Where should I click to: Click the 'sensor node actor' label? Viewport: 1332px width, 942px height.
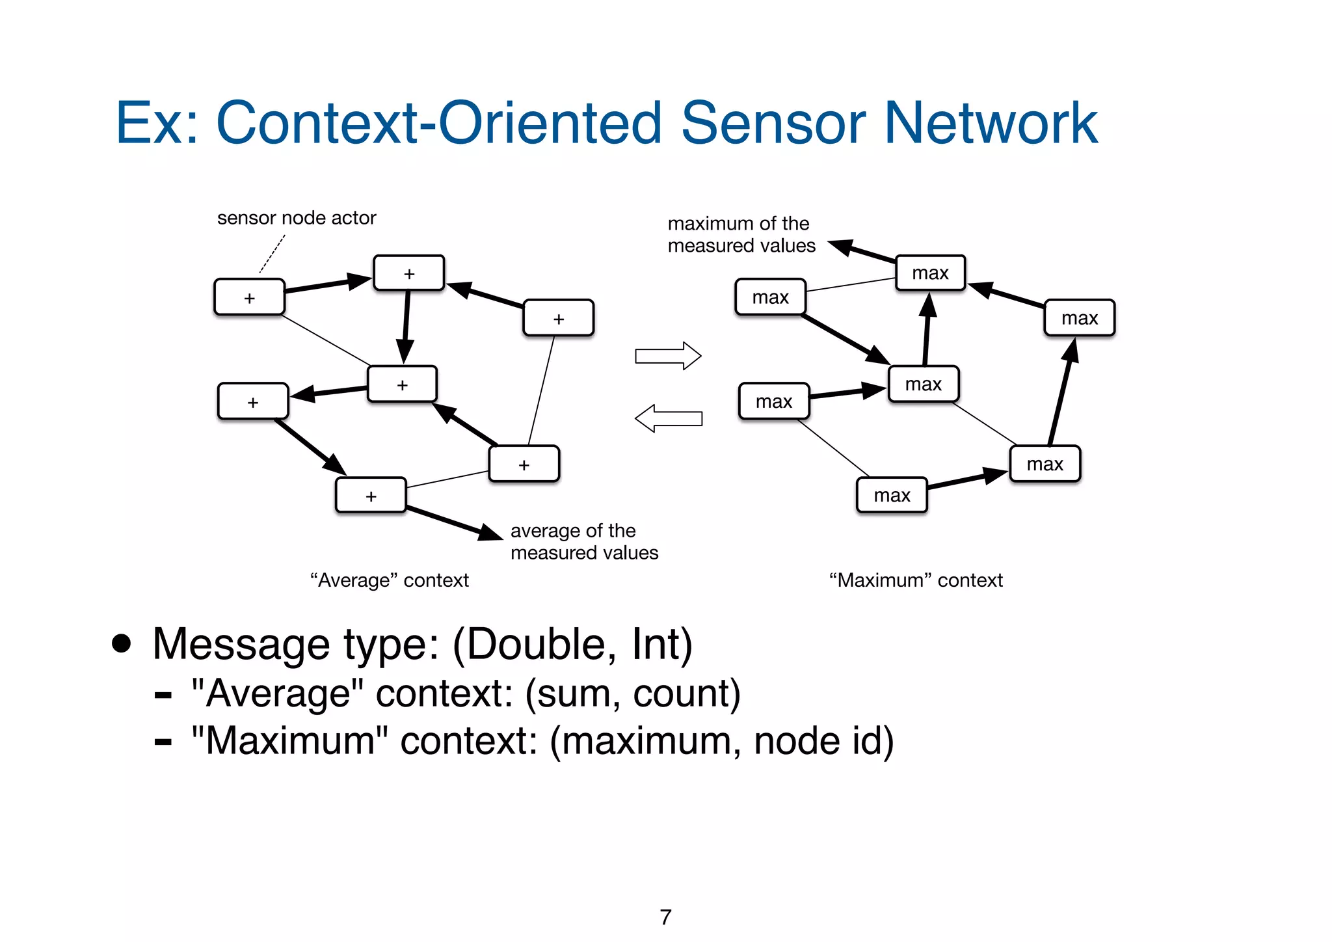point(297,218)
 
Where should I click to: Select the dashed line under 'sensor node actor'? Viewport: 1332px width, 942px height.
point(273,254)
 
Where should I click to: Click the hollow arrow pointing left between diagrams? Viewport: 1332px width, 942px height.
point(668,418)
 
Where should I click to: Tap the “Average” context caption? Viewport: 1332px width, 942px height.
point(389,580)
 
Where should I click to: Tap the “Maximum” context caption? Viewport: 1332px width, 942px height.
point(916,580)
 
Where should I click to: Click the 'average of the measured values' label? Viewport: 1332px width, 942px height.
point(583,541)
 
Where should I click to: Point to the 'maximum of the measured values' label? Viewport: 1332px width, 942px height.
point(741,234)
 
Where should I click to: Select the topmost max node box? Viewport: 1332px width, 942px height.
point(930,273)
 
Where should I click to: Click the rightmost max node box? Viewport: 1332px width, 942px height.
point(1080,318)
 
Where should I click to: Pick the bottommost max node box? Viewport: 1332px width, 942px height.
point(892,496)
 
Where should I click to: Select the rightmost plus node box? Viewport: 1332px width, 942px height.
point(558,319)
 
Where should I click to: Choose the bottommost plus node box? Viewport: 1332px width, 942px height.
point(371,496)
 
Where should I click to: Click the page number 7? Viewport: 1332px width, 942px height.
point(665,917)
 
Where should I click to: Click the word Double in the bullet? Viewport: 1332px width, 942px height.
point(537,644)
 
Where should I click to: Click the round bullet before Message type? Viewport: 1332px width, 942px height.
point(121,643)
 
